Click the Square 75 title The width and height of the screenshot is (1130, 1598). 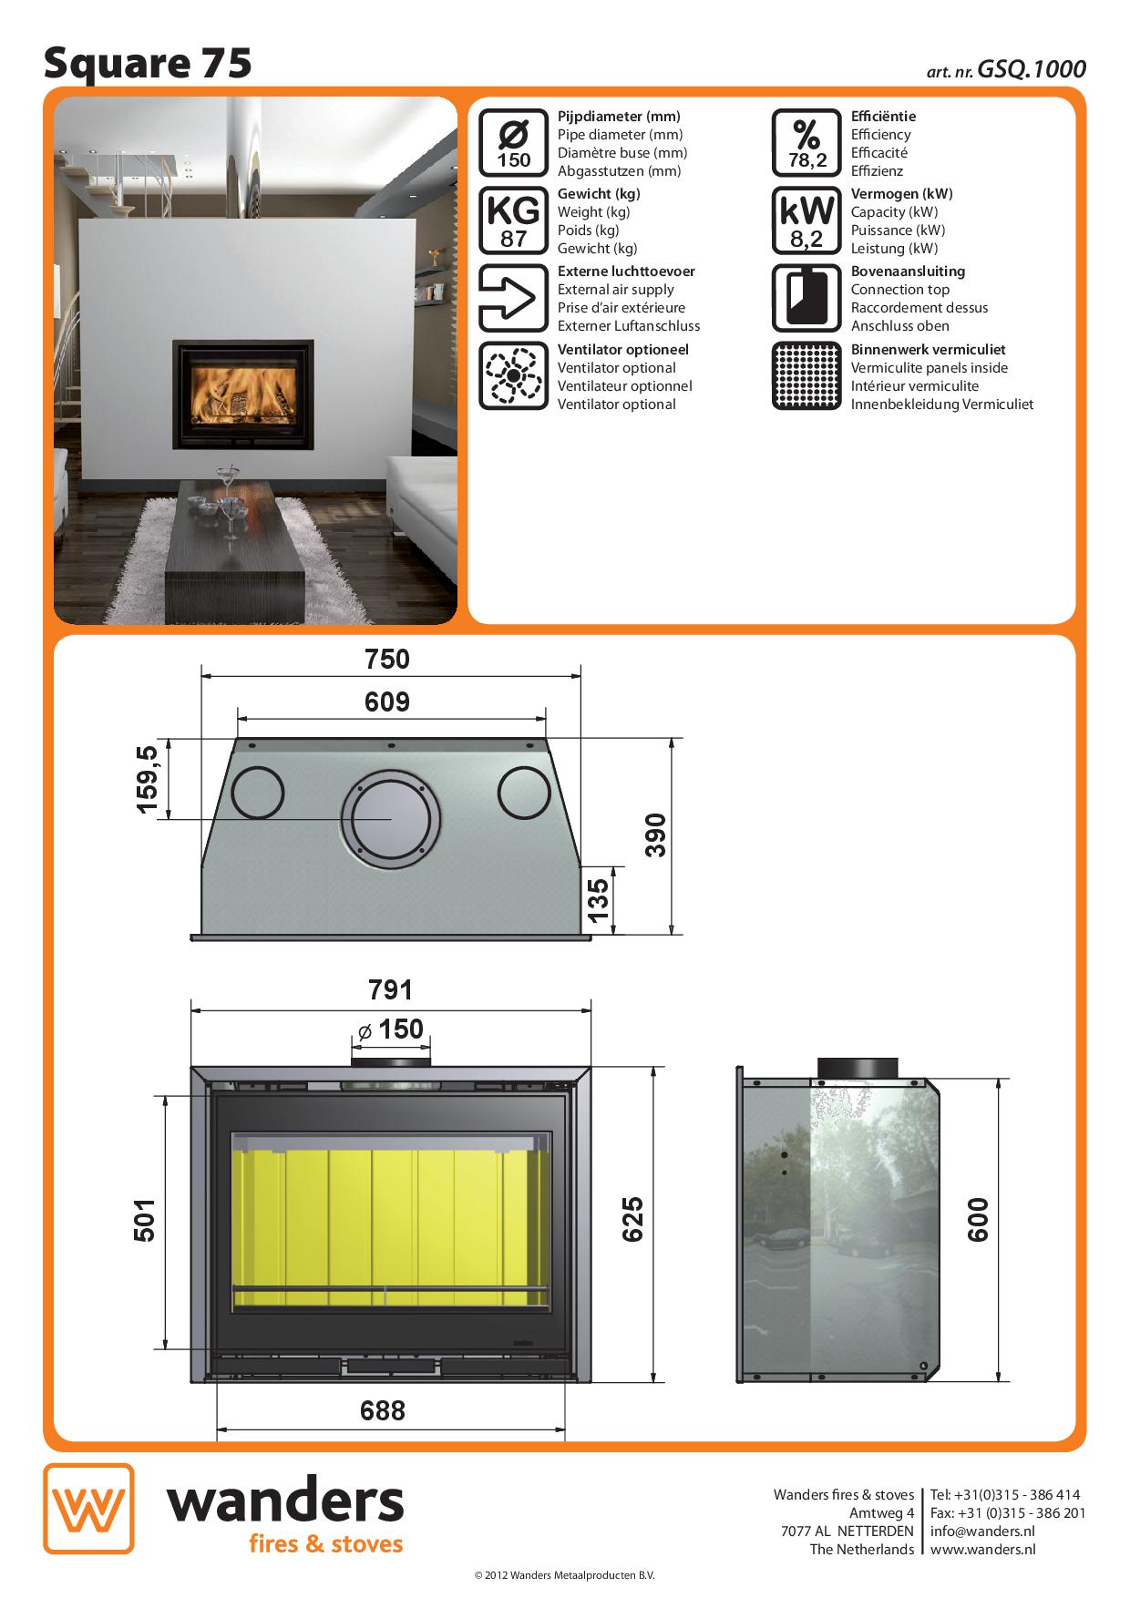(148, 64)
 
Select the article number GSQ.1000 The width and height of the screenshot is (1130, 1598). (1032, 69)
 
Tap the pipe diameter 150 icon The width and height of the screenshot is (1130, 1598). (513, 143)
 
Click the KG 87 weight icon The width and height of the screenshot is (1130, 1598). (513, 220)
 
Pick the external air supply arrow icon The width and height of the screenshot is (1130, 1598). (513, 298)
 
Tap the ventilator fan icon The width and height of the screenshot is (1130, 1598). (513, 376)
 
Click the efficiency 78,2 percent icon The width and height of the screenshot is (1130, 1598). (806, 143)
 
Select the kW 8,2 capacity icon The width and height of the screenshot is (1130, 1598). (806, 220)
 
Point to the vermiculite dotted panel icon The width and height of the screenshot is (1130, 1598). (806, 376)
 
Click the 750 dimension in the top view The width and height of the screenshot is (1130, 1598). (387, 659)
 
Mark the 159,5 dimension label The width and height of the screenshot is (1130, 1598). (147, 779)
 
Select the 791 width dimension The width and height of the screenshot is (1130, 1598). (390, 989)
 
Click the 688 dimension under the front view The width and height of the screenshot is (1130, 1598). (383, 1410)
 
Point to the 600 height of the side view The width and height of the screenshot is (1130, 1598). (977, 1220)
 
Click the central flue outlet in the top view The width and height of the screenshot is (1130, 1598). (391, 819)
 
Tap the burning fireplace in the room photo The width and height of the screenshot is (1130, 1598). (243, 395)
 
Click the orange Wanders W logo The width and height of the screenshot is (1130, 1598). (88, 1508)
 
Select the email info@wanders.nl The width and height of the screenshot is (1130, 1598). (982, 1531)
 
